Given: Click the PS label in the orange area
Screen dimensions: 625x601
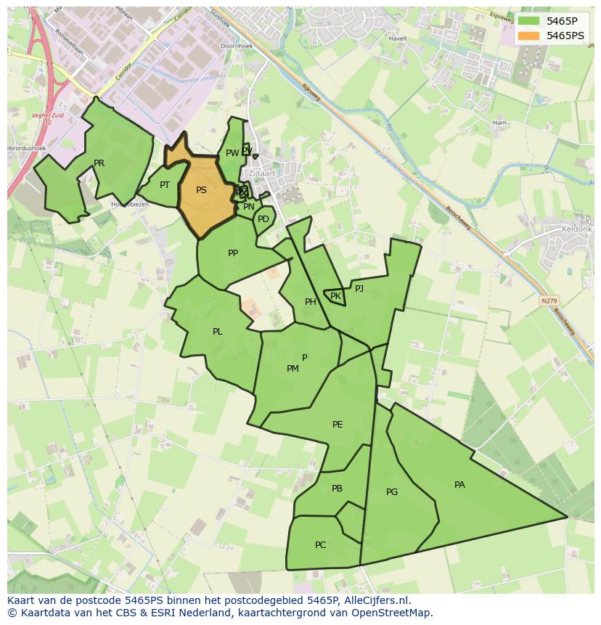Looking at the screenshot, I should click(201, 190).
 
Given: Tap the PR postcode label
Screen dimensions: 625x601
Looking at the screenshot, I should click(99, 163).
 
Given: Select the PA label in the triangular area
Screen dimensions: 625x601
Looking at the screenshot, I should click(459, 485).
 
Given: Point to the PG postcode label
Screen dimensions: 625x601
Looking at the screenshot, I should click(392, 492).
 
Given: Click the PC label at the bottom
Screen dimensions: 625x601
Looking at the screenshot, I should click(320, 545).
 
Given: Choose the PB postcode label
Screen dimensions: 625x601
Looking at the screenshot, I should click(337, 489).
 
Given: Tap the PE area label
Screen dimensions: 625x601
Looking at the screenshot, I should click(338, 425).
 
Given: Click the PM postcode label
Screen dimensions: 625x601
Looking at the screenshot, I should click(293, 369).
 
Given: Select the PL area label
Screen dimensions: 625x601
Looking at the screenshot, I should click(217, 332).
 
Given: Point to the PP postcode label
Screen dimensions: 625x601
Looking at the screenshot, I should click(233, 253).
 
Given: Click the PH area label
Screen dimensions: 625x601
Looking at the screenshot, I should click(311, 302).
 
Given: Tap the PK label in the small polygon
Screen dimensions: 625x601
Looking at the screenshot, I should click(335, 296).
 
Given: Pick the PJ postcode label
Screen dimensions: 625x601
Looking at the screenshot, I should click(359, 288).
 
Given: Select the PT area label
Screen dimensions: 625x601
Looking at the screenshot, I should click(165, 185).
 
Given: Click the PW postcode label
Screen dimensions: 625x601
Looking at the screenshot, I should click(232, 153).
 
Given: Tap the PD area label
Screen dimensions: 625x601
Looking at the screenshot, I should click(263, 219).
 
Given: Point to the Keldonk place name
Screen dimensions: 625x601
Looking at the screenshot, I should click(577, 229).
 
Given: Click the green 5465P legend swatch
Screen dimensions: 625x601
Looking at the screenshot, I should click(529, 20).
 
